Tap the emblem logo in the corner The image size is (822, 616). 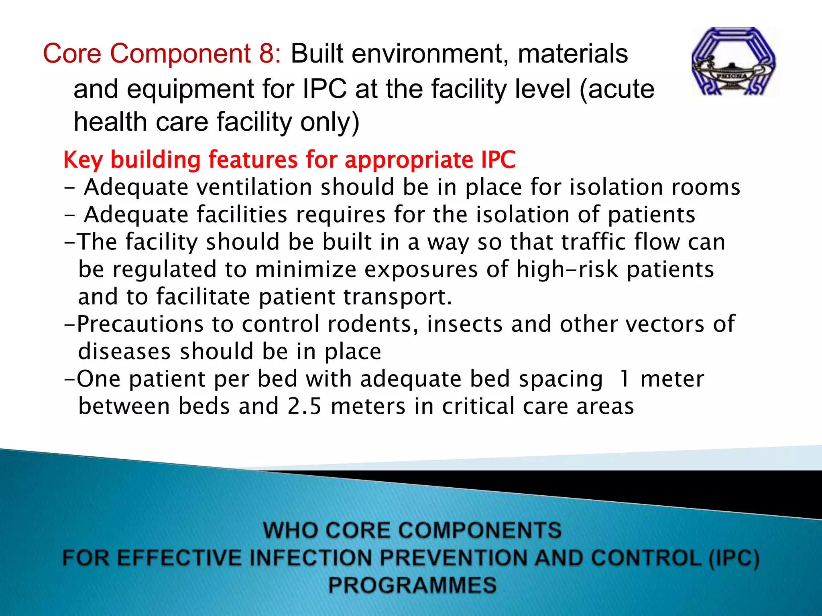pos(734,62)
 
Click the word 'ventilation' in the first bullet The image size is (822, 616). pos(254,187)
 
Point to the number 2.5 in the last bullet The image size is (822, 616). pos(305,406)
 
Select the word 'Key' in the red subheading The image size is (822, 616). pos(83,160)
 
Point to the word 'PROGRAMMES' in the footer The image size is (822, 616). pos(412,585)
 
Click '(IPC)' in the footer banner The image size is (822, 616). pos(734,558)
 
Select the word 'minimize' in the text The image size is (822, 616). pos(305,269)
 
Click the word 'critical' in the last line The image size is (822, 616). pos(478,406)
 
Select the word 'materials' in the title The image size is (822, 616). pos(573,54)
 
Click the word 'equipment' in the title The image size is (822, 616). pos(191,89)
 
